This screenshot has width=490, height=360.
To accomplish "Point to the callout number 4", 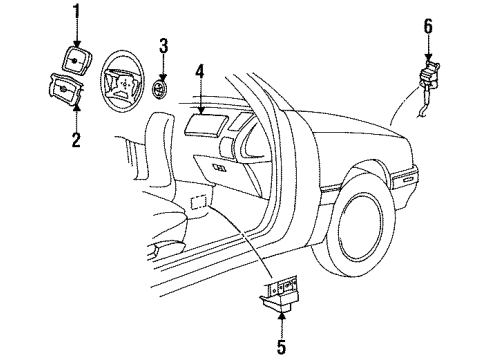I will tap(199, 71).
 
